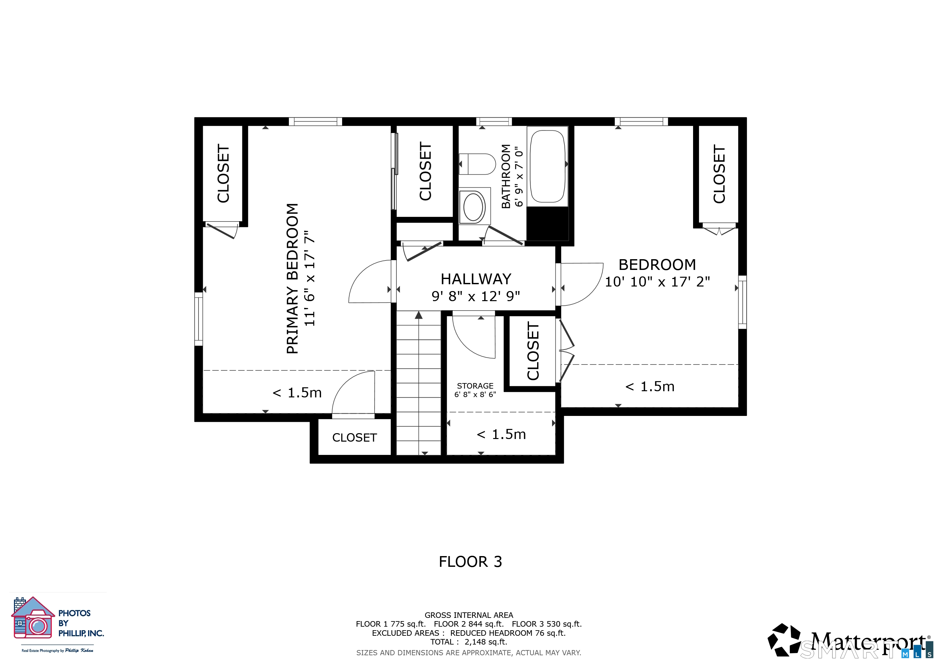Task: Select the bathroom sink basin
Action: point(473,207)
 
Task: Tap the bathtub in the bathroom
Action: point(548,166)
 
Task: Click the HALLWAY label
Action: point(476,279)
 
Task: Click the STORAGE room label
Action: point(475,386)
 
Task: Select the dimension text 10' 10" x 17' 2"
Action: point(657,282)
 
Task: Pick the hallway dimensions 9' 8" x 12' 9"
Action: point(476,296)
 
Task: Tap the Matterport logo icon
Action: point(784,639)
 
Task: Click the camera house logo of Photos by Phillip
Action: point(33,618)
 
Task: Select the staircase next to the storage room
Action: point(419,383)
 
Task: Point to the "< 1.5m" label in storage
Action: point(501,434)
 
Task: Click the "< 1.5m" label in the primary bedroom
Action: point(297,393)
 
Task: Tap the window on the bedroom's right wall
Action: point(742,302)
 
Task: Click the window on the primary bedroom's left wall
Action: point(198,319)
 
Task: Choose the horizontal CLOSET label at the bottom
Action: point(354,438)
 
